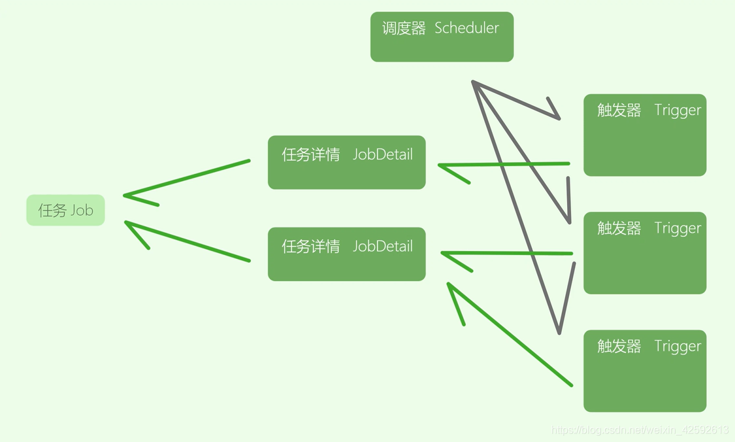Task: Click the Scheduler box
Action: [x=442, y=37]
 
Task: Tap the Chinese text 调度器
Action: [x=404, y=28]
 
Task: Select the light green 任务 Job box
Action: [x=65, y=210]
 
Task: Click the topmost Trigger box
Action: [x=645, y=135]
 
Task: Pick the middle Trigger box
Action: [x=645, y=253]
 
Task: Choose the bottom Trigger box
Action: [x=645, y=371]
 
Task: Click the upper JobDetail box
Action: [x=346, y=162]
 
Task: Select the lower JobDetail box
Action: [x=346, y=254]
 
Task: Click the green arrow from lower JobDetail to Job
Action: [x=189, y=243]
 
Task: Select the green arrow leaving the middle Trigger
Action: [x=510, y=253]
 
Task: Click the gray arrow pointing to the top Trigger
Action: [x=516, y=100]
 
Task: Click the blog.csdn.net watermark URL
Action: [x=640, y=430]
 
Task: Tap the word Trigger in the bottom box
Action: [x=678, y=346]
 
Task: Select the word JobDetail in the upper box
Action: [x=383, y=154]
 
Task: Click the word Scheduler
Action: [x=466, y=28]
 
